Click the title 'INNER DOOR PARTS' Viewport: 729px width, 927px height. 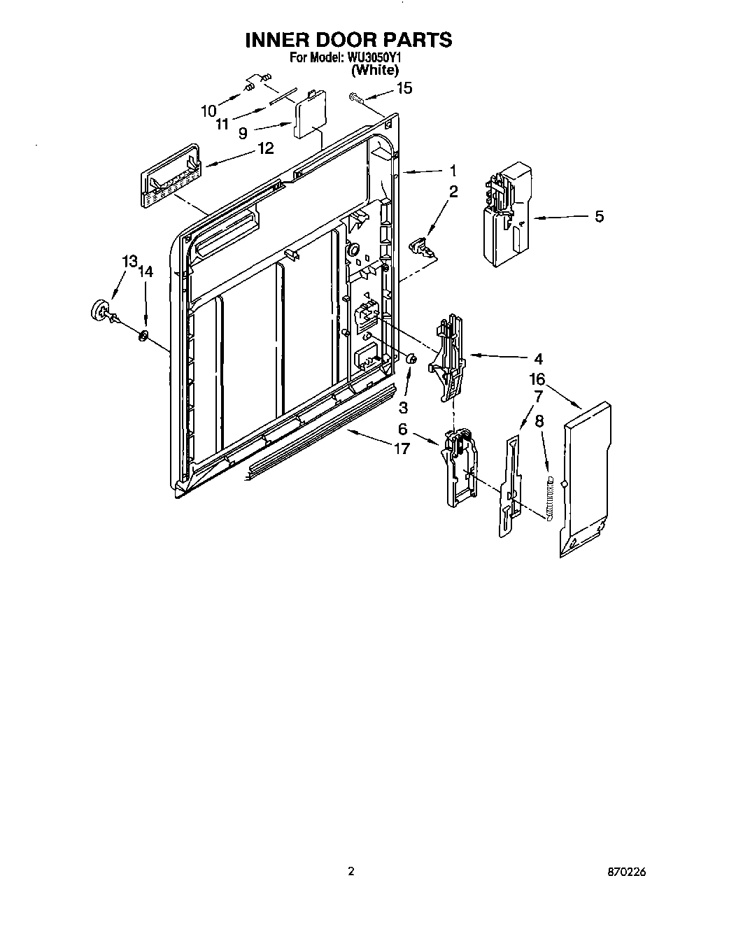click(x=348, y=40)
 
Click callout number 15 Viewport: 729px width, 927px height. click(x=404, y=88)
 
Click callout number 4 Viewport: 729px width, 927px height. click(x=538, y=359)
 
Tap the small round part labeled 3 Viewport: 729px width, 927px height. click(x=412, y=359)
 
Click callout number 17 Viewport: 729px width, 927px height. click(x=402, y=448)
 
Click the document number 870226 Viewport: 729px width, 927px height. click(x=626, y=872)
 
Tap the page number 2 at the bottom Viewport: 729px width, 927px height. click(x=351, y=872)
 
